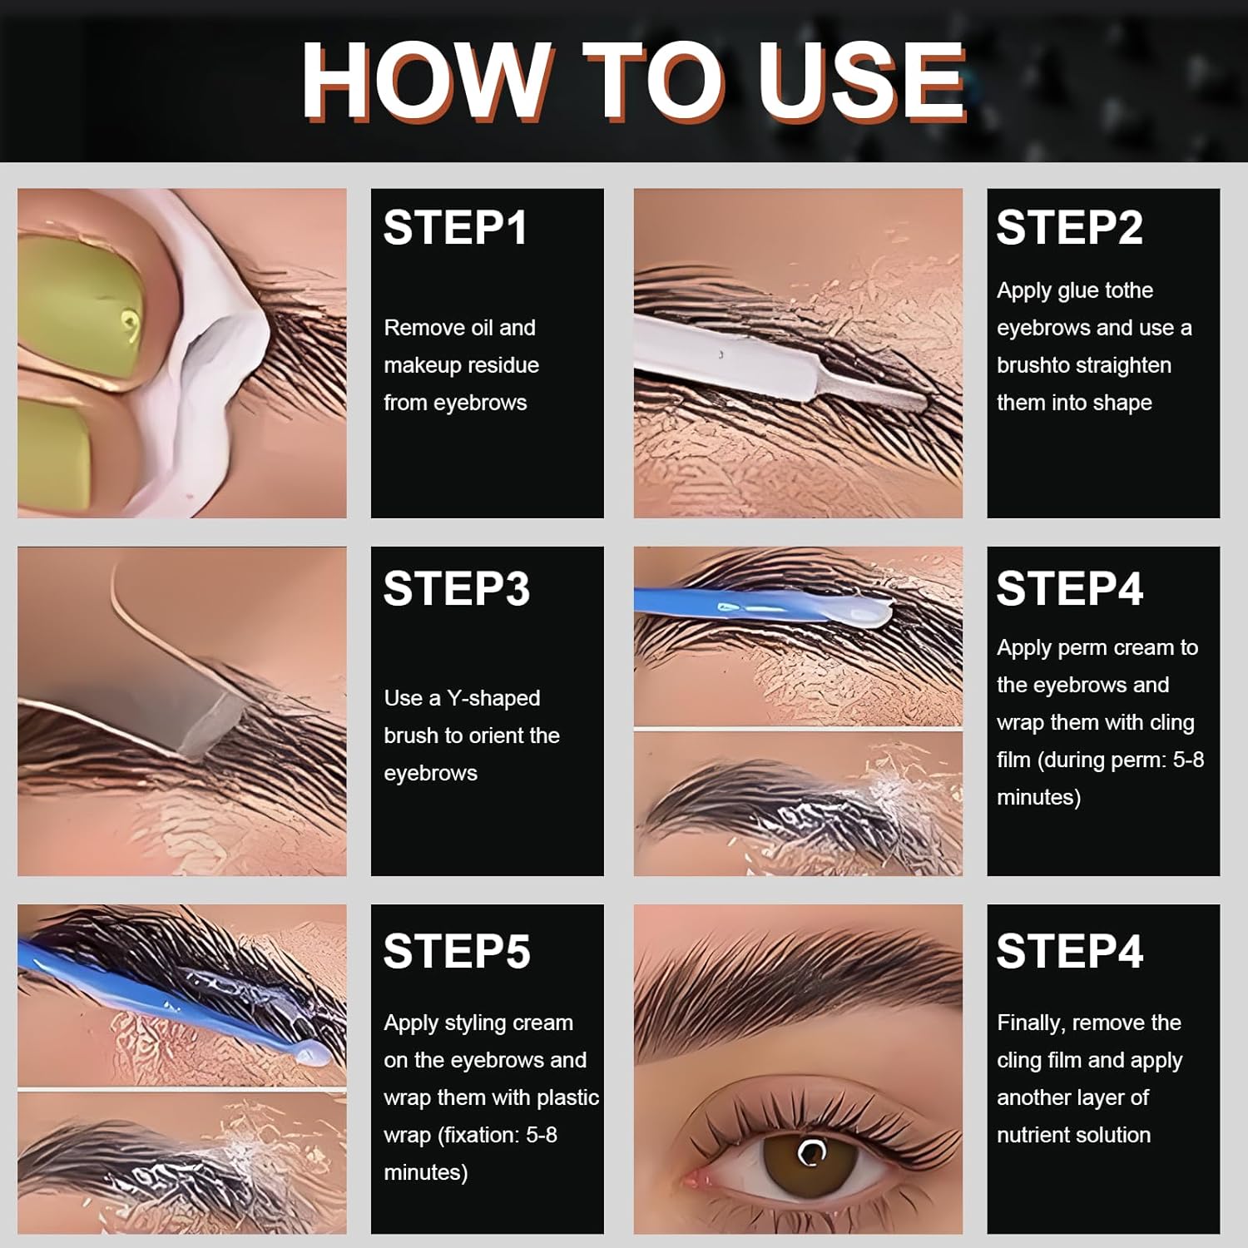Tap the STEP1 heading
tap(455, 228)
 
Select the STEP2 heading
tap(1069, 228)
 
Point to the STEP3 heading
tap(456, 589)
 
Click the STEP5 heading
tap(456, 951)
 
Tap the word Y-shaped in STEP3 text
tap(493, 698)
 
